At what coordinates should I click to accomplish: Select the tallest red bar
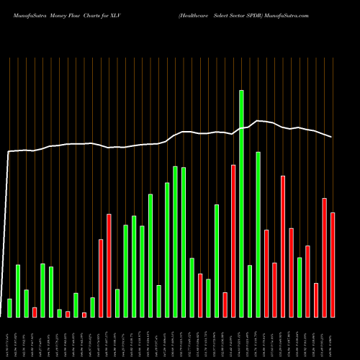233,240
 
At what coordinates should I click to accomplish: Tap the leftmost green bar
9,307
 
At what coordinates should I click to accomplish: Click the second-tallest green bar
258,234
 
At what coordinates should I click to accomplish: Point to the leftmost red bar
35,312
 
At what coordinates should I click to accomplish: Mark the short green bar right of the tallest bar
250,291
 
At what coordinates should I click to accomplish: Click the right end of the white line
331,137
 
